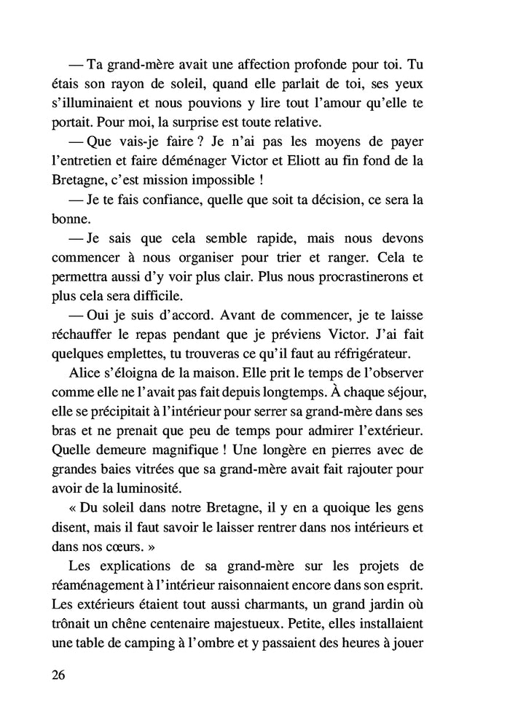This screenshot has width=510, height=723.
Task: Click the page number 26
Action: click(59, 674)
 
